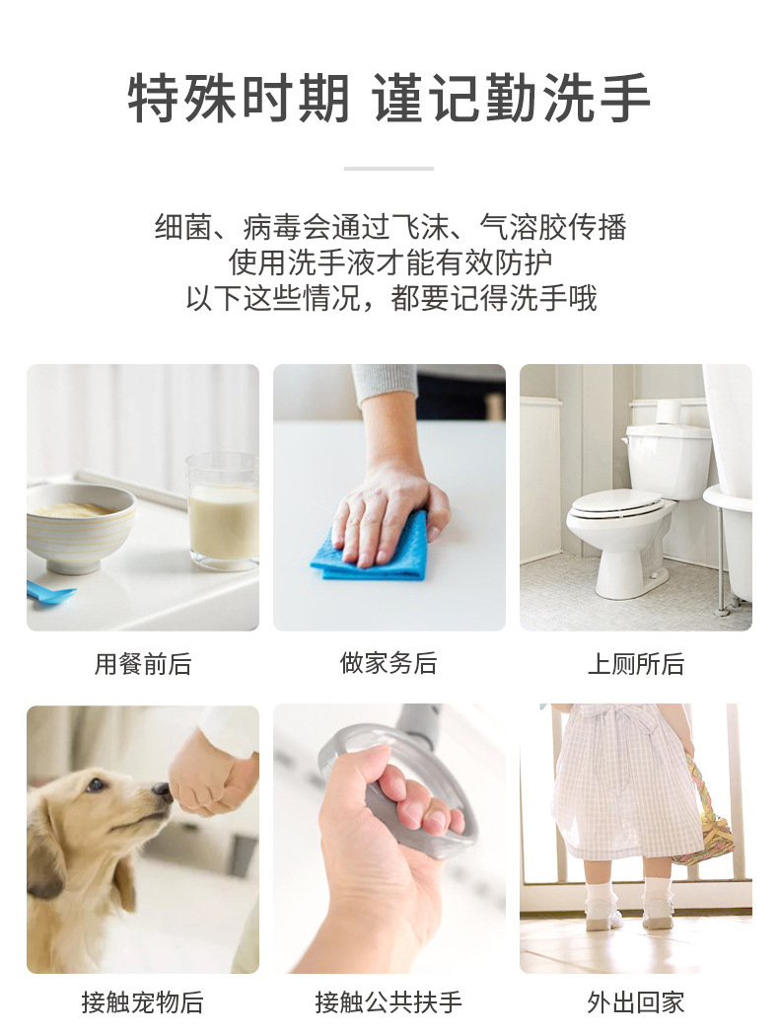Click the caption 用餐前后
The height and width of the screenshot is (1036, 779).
coord(143,663)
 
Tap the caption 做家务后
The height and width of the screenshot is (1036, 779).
coord(389,663)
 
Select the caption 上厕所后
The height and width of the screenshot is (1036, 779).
coord(636,663)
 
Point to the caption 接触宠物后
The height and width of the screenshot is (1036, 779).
coord(143,1002)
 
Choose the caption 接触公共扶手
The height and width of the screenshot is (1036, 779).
coord(389,1002)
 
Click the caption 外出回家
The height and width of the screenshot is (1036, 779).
coord(636,1002)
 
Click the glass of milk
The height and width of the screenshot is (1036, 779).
coord(223,511)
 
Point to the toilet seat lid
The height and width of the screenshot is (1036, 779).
coord(616,503)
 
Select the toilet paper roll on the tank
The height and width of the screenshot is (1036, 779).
coord(669,411)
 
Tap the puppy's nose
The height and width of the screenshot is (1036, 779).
coord(163,790)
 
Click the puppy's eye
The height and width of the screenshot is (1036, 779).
coord(97,784)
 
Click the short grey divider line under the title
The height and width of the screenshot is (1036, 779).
coord(389,169)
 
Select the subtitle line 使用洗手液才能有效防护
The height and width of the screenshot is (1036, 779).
coord(390,262)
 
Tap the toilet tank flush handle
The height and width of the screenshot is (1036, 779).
coord(624,440)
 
